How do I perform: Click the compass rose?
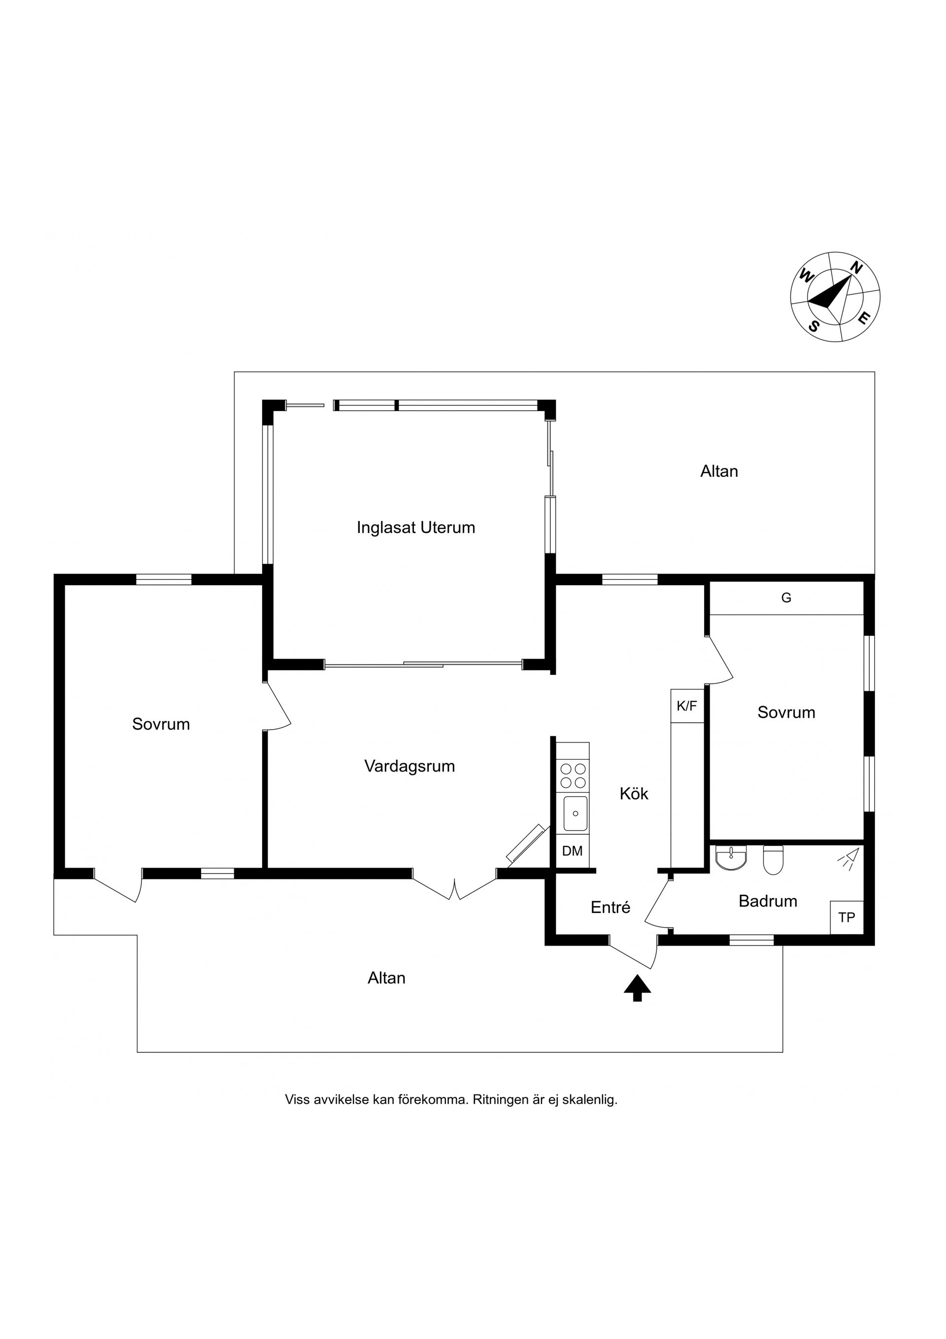click(x=835, y=297)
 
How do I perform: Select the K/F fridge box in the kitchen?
click(x=687, y=706)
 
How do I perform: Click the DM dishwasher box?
click(x=573, y=851)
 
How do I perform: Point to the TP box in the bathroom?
click(x=847, y=917)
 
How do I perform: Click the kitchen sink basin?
click(x=575, y=813)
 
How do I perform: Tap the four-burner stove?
click(x=573, y=775)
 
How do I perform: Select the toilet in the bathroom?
click(x=774, y=860)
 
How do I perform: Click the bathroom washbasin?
click(x=731, y=857)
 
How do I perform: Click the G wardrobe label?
click(x=786, y=598)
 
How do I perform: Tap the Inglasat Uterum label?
click(x=416, y=528)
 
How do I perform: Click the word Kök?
click(x=634, y=794)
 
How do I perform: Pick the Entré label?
click(x=611, y=908)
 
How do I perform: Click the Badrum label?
click(x=768, y=901)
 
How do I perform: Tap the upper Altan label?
click(x=719, y=471)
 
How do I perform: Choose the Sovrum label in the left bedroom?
click(x=162, y=724)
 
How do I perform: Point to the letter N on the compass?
click(x=856, y=268)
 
